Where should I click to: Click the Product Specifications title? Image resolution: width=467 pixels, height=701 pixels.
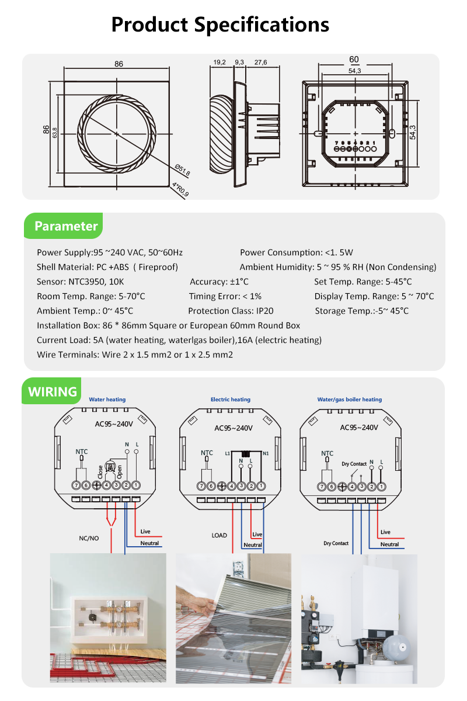(220, 25)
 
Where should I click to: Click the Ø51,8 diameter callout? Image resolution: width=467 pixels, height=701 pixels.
(183, 170)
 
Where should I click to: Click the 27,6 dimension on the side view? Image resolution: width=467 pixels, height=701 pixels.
(260, 62)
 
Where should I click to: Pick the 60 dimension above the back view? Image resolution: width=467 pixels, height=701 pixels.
(354, 60)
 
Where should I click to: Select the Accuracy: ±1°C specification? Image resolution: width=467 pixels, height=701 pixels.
(219, 282)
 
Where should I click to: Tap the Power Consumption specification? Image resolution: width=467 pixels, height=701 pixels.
(297, 252)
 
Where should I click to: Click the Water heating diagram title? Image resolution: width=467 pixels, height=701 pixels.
(107, 400)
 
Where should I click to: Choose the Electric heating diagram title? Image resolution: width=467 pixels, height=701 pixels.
(231, 400)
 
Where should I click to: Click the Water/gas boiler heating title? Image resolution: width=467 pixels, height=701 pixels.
(349, 400)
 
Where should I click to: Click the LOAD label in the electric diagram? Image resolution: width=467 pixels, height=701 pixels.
(219, 535)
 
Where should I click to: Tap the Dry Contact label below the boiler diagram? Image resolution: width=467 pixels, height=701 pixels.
(336, 543)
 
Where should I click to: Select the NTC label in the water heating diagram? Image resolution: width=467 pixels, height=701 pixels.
(81, 451)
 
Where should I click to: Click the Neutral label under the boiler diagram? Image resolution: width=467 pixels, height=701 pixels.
(389, 544)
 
